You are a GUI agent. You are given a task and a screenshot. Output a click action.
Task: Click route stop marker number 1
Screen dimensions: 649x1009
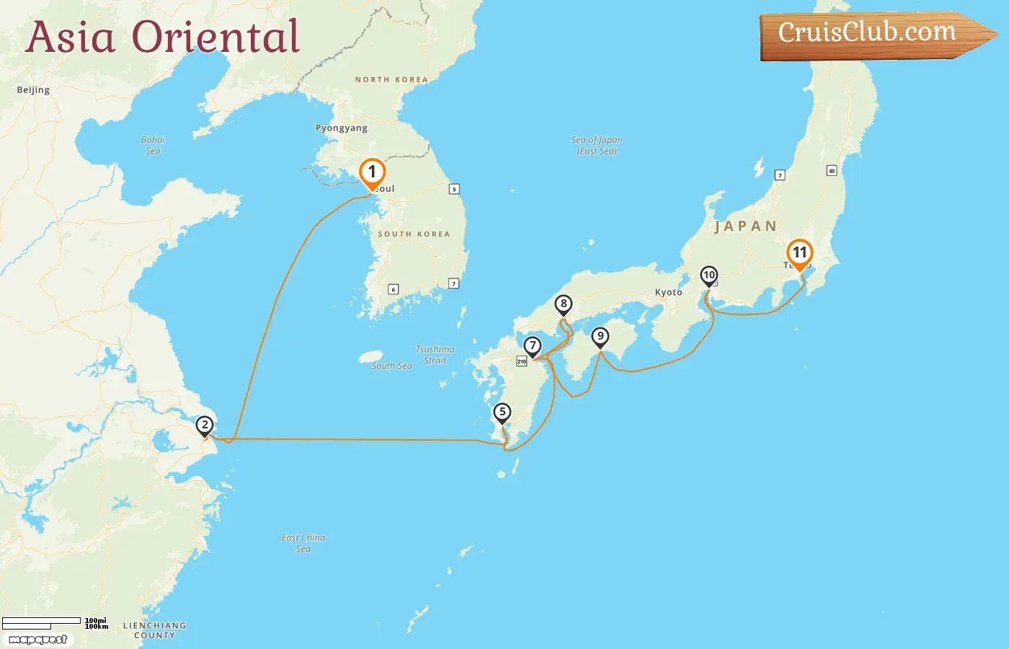tap(372, 172)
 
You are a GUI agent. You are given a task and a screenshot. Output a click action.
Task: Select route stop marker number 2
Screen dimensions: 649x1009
tap(205, 425)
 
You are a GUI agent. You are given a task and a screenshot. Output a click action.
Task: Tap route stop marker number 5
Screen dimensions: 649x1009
tap(502, 412)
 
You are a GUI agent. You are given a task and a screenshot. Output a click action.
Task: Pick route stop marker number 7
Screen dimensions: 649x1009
tap(533, 346)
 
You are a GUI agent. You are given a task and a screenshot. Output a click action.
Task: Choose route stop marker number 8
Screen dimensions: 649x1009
tap(564, 304)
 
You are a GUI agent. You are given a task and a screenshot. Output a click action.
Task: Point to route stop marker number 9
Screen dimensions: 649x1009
tap(600, 337)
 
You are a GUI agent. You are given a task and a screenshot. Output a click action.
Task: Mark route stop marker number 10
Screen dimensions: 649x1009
tap(709, 275)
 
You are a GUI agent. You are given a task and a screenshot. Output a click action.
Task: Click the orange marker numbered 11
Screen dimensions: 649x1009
tap(799, 253)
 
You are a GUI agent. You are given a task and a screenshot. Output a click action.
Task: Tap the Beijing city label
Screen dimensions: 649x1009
tap(33, 90)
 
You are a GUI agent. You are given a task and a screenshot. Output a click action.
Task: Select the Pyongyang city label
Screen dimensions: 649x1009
tap(342, 128)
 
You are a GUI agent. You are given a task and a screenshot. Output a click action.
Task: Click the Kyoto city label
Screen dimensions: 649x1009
tap(668, 293)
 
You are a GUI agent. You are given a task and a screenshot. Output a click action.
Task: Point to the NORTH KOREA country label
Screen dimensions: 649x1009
tap(391, 80)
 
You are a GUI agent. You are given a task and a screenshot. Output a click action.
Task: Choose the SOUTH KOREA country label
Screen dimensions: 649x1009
tap(414, 234)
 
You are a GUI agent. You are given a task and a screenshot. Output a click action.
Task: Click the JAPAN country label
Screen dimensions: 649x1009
tap(745, 226)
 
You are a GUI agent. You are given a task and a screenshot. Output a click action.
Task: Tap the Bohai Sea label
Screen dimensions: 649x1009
tap(153, 145)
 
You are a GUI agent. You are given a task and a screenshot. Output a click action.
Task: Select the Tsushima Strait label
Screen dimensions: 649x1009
tap(435, 355)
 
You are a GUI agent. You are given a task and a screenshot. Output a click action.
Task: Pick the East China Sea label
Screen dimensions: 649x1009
tap(303, 543)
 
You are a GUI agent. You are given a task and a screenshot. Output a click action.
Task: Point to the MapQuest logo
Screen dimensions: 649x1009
tap(38, 640)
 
